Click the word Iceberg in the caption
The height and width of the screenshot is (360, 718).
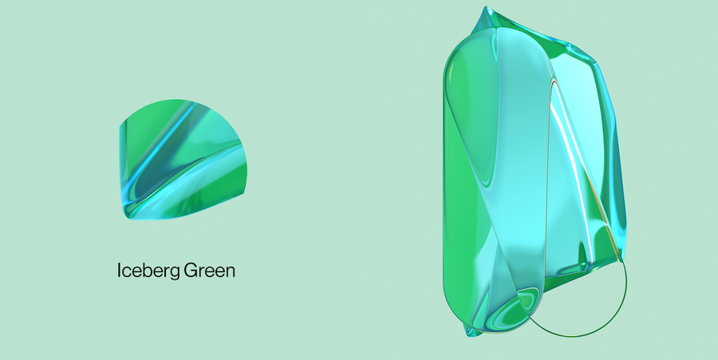point(148,271)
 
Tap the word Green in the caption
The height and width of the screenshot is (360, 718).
point(209,271)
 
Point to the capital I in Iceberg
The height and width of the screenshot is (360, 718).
point(119,270)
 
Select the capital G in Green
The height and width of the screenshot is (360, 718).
point(191,270)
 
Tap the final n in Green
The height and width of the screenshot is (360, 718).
point(231,272)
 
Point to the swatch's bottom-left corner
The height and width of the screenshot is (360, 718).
point(128,219)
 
